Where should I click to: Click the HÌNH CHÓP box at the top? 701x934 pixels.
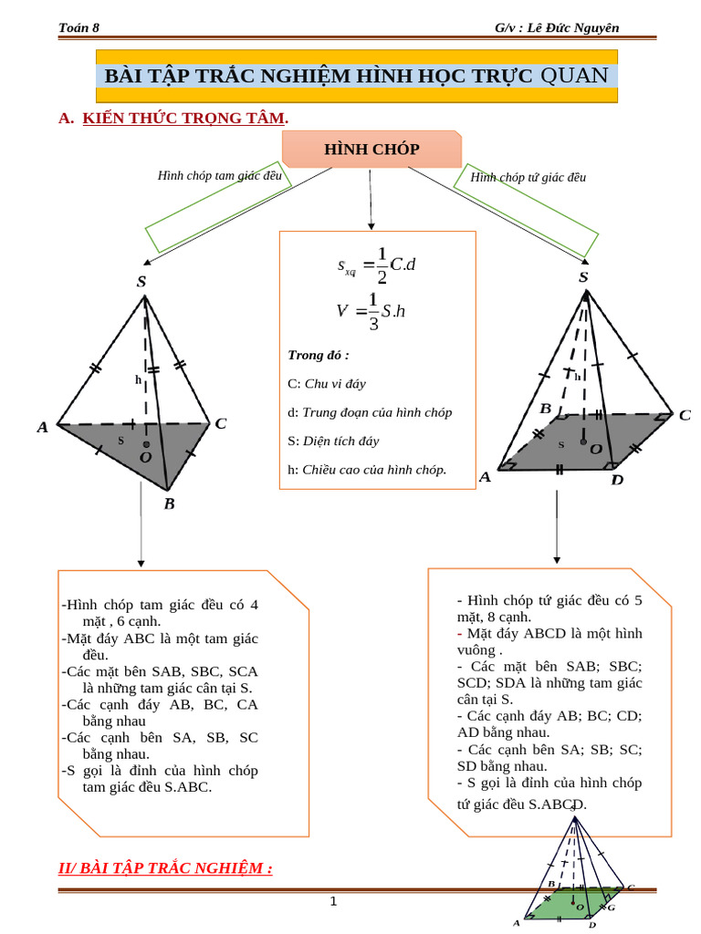point(371,150)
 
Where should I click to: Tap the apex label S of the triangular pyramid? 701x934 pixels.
point(141,282)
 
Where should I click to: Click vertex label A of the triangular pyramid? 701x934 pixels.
point(42,427)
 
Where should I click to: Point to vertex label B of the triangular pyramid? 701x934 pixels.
point(169,503)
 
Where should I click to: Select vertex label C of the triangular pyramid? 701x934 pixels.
point(220,423)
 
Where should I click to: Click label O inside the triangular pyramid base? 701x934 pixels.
point(145,456)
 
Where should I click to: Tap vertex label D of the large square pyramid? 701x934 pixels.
point(617,480)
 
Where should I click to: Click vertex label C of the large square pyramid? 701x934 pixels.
point(685,415)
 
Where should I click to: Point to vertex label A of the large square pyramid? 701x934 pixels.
point(485,477)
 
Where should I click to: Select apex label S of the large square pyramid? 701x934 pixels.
point(583,277)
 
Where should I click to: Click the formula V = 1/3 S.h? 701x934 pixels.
point(371,311)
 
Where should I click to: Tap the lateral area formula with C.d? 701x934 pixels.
point(377,265)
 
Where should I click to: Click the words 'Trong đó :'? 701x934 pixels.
point(319,355)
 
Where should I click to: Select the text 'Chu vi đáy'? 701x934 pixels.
point(335,384)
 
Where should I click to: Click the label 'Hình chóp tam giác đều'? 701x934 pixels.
point(219,175)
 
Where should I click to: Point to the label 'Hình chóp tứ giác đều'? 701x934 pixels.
point(528,178)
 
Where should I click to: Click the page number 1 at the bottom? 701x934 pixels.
point(333,902)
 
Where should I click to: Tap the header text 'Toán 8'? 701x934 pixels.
point(78,28)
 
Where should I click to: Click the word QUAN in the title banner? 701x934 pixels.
point(574,76)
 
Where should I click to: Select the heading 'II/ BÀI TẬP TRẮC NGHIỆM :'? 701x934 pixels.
point(165,867)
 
